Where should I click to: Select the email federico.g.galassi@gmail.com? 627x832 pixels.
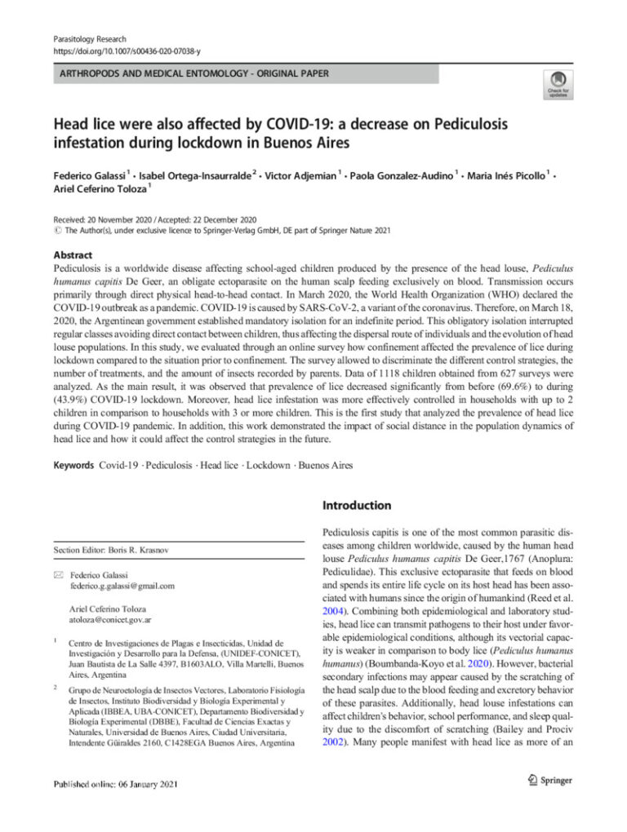tap(122, 586)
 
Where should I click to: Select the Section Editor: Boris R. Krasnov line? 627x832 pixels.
tap(110, 551)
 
